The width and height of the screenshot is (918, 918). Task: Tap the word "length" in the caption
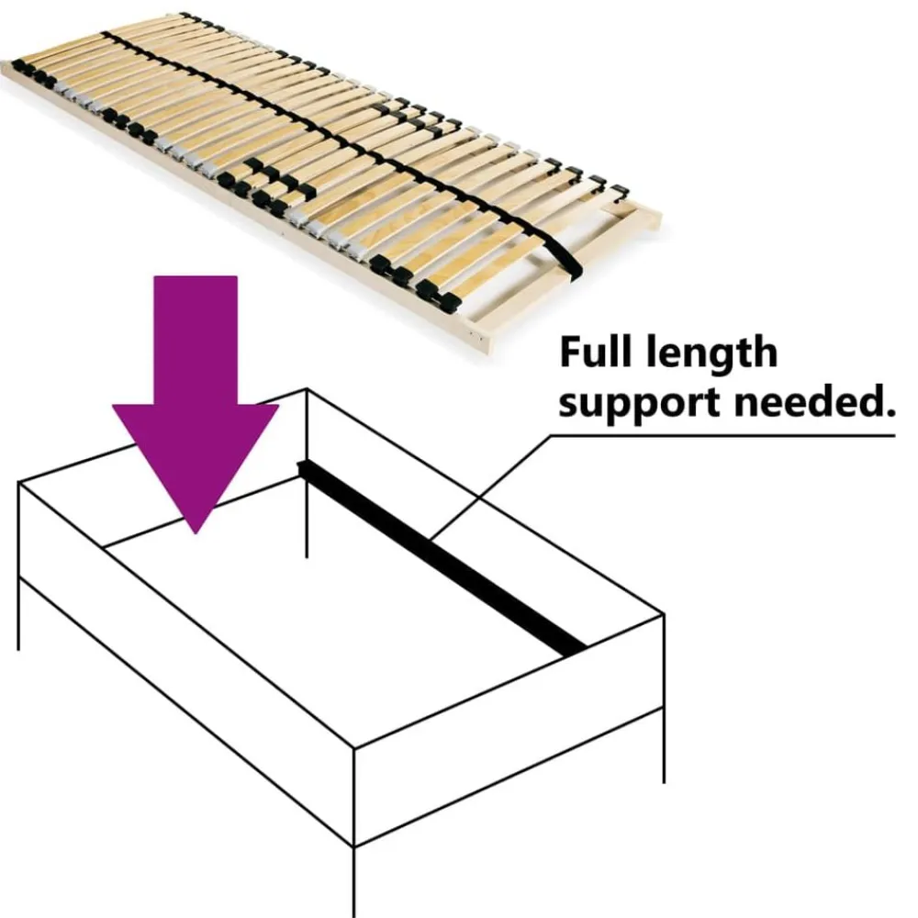tap(712, 354)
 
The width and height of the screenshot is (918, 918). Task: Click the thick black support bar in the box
tap(442, 558)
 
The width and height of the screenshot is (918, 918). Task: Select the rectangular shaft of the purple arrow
tap(196, 340)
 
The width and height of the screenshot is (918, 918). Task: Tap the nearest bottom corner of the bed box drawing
tap(354, 846)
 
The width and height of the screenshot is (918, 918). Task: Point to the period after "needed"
tap(890, 412)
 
